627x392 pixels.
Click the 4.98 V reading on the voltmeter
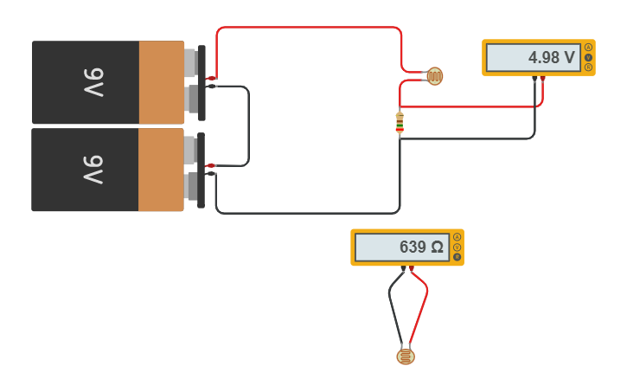(551, 58)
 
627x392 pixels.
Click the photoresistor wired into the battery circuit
(434, 77)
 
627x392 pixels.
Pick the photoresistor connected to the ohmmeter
(405, 356)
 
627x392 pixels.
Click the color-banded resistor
(400, 123)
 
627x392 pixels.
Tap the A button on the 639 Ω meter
(457, 237)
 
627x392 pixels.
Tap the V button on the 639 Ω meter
(457, 247)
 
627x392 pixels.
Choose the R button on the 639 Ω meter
(457, 258)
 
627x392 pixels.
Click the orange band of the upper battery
(161, 82)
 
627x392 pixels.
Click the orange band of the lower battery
(161, 170)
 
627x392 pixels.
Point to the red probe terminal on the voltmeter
(542, 80)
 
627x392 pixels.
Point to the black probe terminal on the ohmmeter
(403, 269)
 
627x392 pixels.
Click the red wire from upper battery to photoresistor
(307, 28)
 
